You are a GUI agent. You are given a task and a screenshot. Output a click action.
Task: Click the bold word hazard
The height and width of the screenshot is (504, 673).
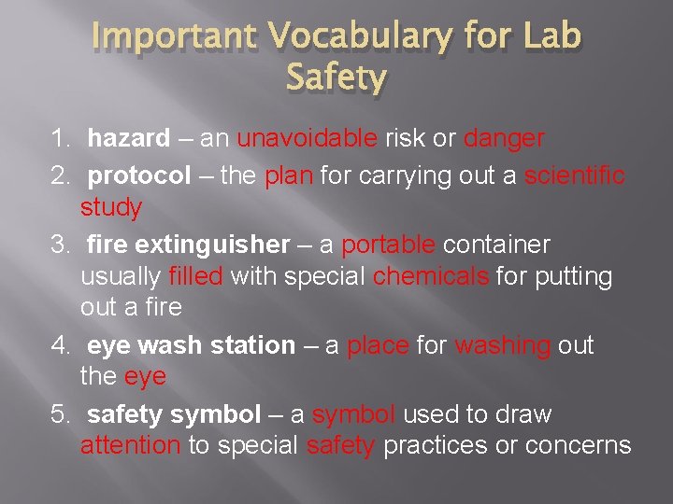click(128, 139)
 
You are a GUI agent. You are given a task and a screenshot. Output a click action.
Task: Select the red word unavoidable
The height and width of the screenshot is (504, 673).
click(308, 139)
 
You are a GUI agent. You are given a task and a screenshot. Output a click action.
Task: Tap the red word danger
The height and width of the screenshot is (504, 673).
click(504, 139)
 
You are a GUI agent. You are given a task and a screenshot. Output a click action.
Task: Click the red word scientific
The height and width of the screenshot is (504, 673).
click(575, 176)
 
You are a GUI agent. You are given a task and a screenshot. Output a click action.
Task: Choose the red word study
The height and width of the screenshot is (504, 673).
click(110, 208)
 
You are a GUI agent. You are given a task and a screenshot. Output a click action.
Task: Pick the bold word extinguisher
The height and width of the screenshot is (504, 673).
click(212, 245)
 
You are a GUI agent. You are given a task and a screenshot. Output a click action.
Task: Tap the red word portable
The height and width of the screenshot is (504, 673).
click(388, 245)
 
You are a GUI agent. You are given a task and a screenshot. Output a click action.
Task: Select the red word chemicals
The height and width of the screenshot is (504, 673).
click(430, 276)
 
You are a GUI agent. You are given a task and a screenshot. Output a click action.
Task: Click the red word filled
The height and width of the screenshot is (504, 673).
click(195, 276)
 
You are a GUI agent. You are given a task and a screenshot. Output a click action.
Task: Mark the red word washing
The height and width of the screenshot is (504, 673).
click(502, 345)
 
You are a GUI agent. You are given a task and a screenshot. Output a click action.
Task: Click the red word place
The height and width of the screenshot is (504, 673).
click(378, 345)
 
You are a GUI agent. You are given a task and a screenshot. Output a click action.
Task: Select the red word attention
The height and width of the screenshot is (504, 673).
click(130, 445)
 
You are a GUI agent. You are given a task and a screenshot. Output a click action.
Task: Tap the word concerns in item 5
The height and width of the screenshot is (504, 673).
click(578, 445)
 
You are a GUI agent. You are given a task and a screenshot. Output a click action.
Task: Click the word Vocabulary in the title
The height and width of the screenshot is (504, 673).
click(359, 36)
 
